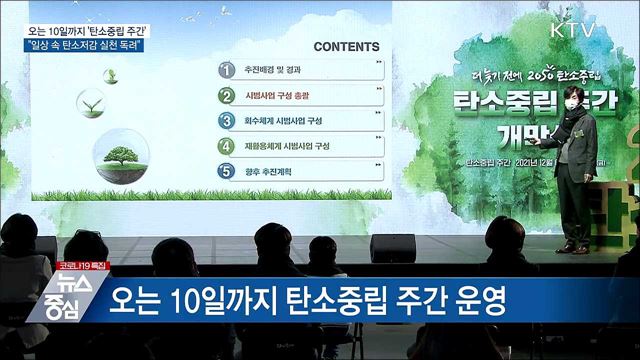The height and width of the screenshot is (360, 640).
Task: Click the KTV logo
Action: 573,29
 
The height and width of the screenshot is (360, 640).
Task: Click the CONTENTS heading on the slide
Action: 346,47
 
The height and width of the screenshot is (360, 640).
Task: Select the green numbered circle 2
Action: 227,96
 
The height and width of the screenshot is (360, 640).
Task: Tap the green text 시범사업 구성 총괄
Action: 278,97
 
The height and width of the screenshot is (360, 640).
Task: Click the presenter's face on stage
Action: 573,98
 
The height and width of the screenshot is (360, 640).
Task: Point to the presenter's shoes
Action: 573,247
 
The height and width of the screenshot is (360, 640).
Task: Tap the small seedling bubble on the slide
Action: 92,103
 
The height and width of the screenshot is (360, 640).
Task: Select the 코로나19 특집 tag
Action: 81,266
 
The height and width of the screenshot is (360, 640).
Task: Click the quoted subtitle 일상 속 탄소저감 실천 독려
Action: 103,46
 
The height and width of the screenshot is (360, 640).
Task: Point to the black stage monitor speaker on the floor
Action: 392,247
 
